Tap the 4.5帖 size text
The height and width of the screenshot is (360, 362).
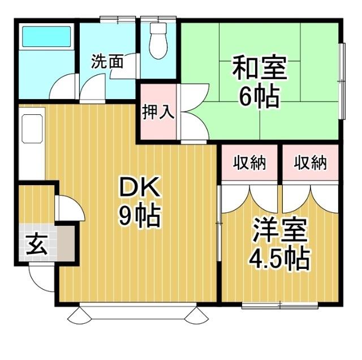pos(279,259)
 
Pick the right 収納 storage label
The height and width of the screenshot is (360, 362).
pos(311,163)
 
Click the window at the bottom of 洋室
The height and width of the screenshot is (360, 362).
pos(279,306)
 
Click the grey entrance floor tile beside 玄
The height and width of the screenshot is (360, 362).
pos(65,243)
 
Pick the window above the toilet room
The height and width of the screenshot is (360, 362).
pos(159,19)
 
